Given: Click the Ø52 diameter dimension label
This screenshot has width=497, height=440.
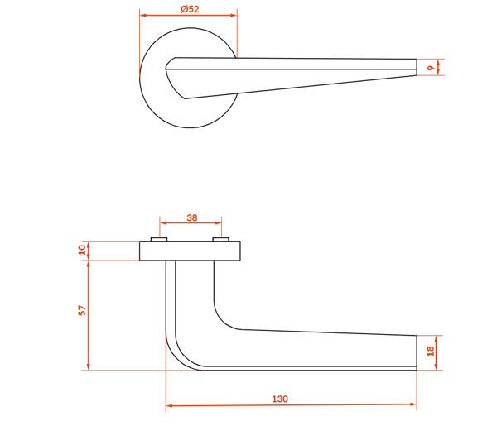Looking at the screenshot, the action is pyautogui.click(x=190, y=9).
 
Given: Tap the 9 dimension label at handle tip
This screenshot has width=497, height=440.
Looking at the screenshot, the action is pyautogui.click(x=431, y=68).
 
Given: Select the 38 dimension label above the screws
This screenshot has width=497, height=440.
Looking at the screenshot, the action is pyautogui.click(x=192, y=218).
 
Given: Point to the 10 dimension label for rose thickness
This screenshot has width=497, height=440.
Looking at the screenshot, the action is pyautogui.click(x=82, y=250).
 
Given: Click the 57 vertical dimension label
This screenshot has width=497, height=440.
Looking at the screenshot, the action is pyautogui.click(x=82, y=310).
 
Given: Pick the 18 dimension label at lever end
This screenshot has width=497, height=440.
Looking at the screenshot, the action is pyautogui.click(x=431, y=351).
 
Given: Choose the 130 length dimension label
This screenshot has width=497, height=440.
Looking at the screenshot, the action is pyautogui.click(x=280, y=399).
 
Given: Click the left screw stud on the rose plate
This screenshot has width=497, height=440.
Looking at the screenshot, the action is pyautogui.click(x=159, y=239).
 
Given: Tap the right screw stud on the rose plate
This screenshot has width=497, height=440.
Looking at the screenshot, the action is pyautogui.click(x=221, y=239).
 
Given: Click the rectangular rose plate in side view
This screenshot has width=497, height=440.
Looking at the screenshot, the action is pyautogui.click(x=190, y=251).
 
